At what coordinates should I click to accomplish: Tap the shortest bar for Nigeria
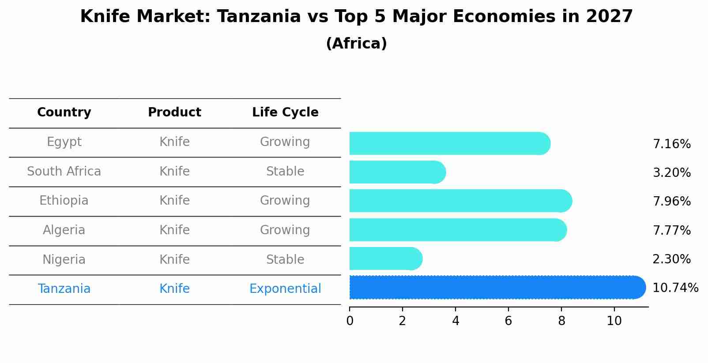pyautogui.click(x=384, y=258)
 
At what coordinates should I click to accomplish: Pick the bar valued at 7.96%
pyautogui.click(x=459, y=201)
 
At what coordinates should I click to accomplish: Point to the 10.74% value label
pyautogui.click(x=675, y=288)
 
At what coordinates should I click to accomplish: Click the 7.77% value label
pyautogui.click(x=671, y=230)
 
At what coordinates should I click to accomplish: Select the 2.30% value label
pyautogui.click(x=671, y=259)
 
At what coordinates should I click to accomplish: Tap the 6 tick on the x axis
pyautogui.click(x=508, y=321)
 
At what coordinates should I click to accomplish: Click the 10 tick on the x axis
pyautogui.click(x=614, y=321)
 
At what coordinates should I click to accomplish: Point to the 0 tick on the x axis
pyautogui.click(x=350, y=321)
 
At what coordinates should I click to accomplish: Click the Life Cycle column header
pyautogui.click(x=285, y=112)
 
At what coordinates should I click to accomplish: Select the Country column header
pyautogui.click(x=64, y=112)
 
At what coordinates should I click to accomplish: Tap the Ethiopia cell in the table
pyautogui.click(x=64, y=201)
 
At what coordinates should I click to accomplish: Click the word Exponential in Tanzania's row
pyautogui.click(x=285, y=289)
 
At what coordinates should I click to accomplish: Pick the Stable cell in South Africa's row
pyautogui.click(x=285, y=172)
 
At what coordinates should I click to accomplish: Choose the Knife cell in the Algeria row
pyautogui.click(x=174, y=230)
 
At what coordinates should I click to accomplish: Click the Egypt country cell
pyautogui.click(x=64, y=142)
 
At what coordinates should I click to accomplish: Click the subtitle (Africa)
pyautogui.click(x=356, y=44)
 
